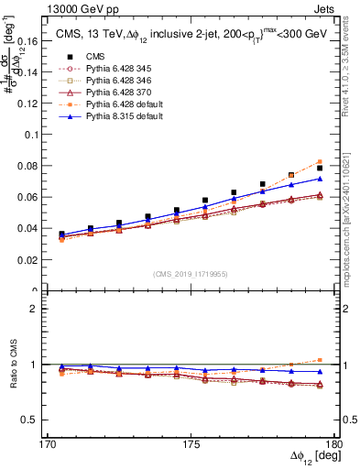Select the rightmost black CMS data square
(320, 169)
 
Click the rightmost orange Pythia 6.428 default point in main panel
(320, 162)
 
